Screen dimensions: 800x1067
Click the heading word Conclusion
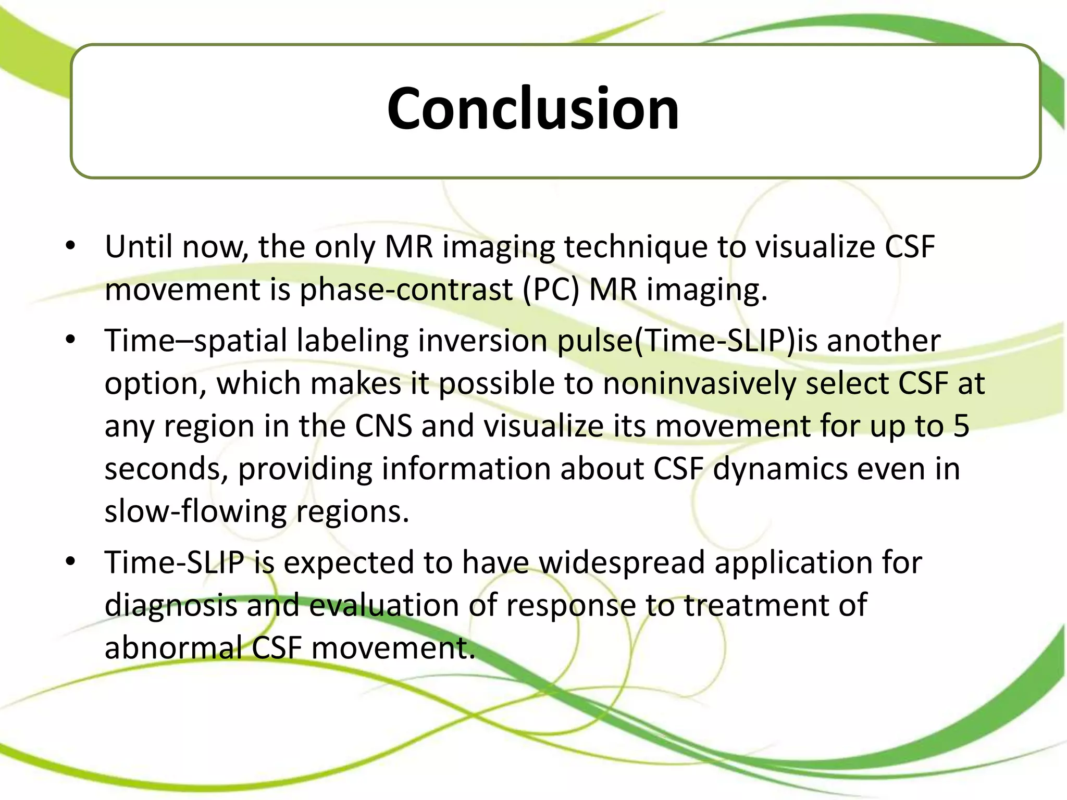pos(533,109)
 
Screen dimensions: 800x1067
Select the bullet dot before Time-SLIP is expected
pos(71,561)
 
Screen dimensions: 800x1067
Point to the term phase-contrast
pos(406,290)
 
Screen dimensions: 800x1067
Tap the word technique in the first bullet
pos(636,247)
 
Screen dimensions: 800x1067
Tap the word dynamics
pos(780,469)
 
